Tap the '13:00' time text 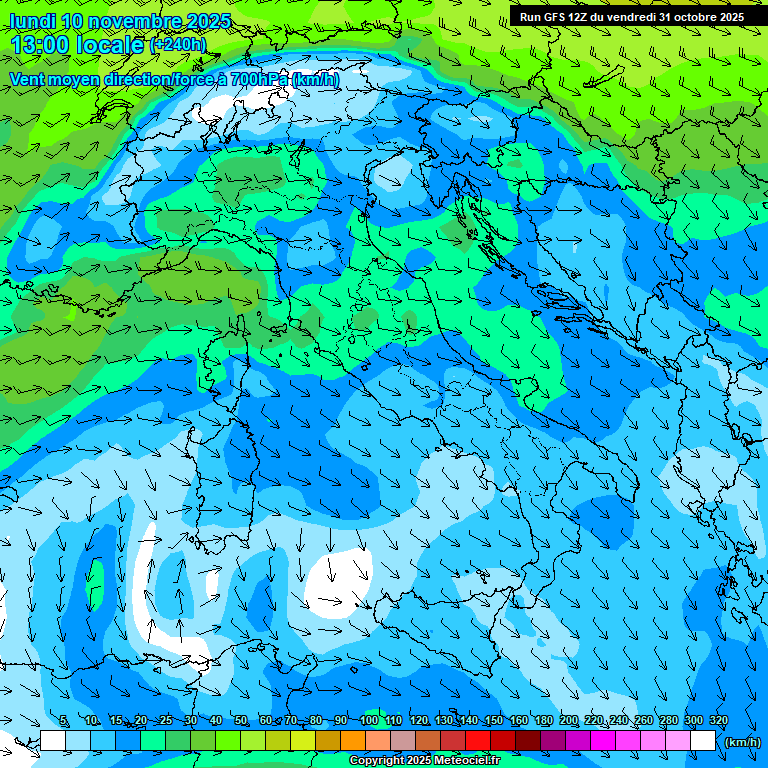(x=42, y=44)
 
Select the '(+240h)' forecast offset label (x=179, y=44)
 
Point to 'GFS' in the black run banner (x=553, y=17)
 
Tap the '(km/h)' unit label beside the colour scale (x=742, y=742)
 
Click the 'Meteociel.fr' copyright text (x=459, y=761)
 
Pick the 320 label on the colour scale (x=718, y=721)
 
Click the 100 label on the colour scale (x=368, y=721)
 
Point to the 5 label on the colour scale (x=65, y=721)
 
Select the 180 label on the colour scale (x=543, y=721)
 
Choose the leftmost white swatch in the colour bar (x=53, y=741)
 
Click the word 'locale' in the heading (x=111, y=44)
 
